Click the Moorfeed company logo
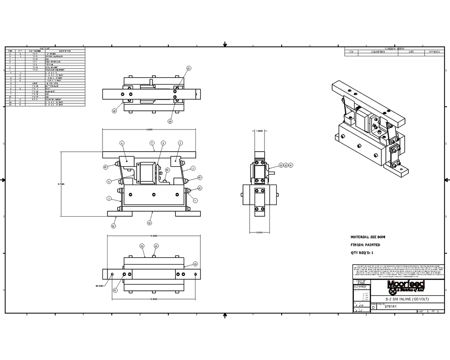406,286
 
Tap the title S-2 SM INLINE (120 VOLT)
407,299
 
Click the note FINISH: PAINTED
365,245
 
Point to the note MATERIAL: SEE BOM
368,237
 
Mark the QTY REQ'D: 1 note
362,252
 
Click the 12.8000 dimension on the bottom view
154,299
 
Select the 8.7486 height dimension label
61,183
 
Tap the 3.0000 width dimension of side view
260,232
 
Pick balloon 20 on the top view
114,111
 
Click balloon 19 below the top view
170,121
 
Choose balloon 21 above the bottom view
142,246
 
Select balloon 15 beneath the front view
149,223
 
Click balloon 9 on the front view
109,181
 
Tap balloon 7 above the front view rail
152,143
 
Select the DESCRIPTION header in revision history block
378,52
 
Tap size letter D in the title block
373,307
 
